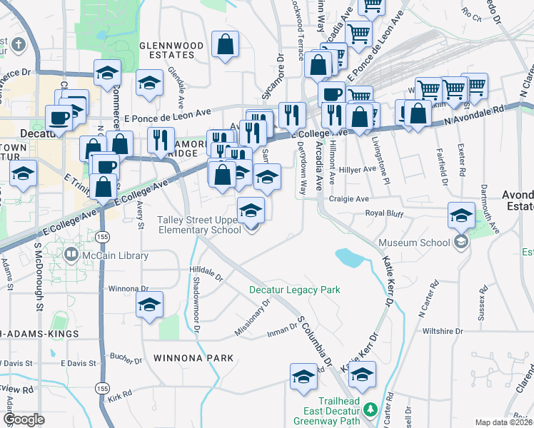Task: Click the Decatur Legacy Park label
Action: [x=294, y=290]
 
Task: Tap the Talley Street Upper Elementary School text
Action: [x=200, y=225]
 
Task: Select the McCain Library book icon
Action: [x=71, y=255]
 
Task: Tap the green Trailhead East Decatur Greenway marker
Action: [x=370, y=409]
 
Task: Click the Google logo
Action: [x=24, y=419]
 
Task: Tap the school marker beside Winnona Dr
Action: [x=149, y=305]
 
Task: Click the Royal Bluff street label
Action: [x=385, y=213]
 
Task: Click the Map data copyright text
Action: [x=504, y=422]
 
